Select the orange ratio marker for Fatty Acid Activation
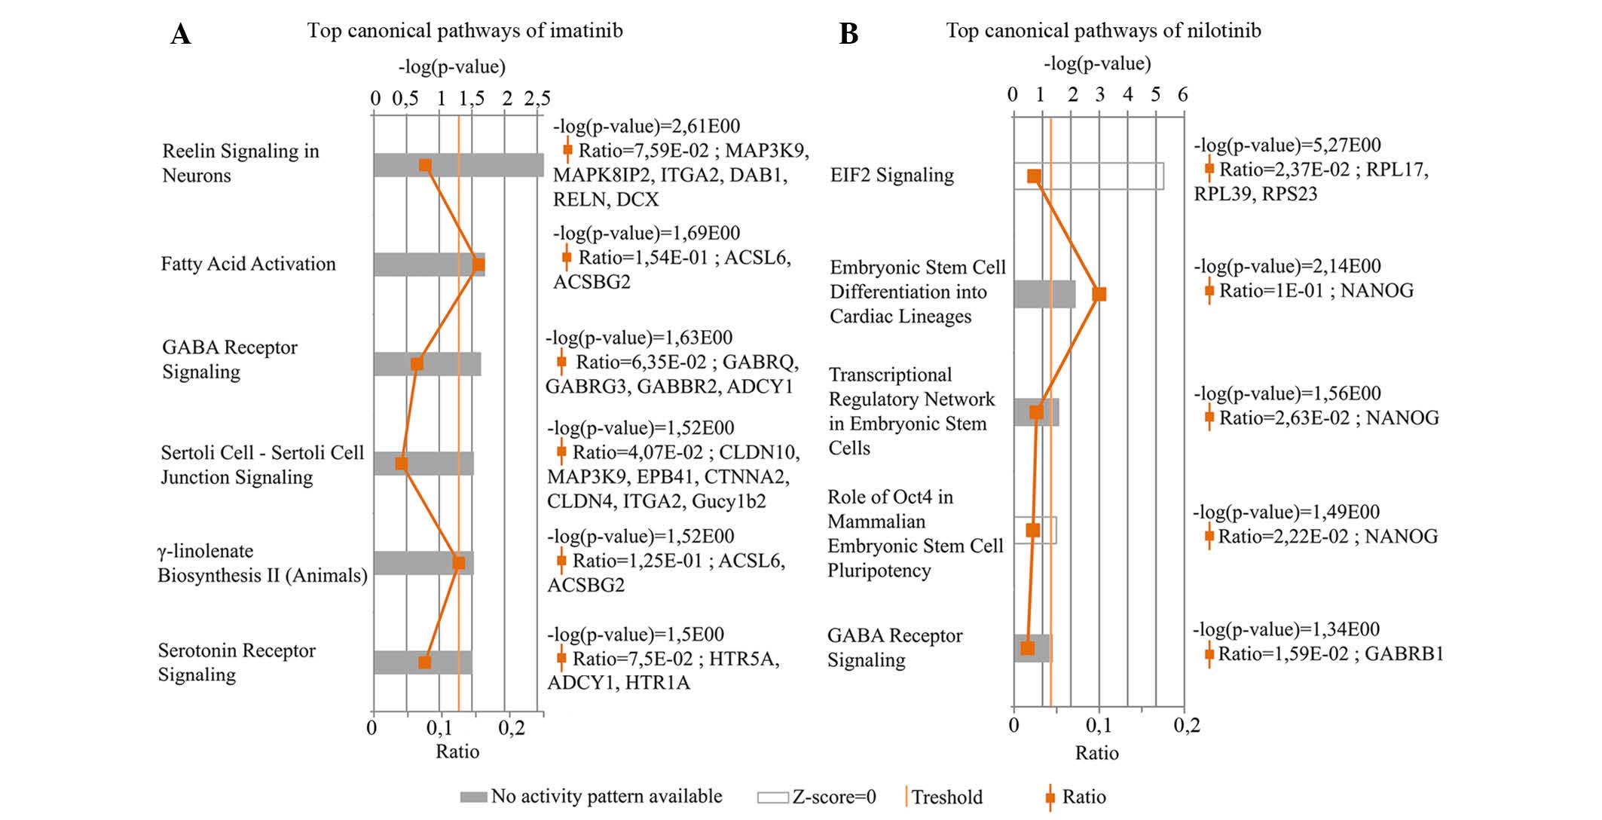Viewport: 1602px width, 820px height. pos(478,265)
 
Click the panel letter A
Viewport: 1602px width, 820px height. pos(180,35)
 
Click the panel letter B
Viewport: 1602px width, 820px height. pos(848,35)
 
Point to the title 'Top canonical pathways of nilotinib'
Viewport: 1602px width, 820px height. pos(1103,31)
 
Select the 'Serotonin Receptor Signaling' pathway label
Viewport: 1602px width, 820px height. pos(237,662)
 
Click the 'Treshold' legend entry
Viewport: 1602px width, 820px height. pos(946,797)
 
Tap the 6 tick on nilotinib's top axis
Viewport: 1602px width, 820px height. pos(1183,95)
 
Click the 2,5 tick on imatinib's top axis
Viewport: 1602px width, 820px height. pos(537,99)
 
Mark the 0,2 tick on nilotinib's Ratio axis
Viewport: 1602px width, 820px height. pos(1186,726)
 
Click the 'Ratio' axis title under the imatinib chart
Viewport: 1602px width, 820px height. pos(457,751)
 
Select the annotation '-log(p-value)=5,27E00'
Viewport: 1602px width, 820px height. pos(1287,145)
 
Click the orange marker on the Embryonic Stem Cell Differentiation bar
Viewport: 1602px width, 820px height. pos(1099,294)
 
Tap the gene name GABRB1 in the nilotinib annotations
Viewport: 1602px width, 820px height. pos(1404,653)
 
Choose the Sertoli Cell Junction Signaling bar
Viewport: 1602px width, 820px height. pos(437,464)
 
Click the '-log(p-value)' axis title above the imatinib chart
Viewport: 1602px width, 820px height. pos(452,67)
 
